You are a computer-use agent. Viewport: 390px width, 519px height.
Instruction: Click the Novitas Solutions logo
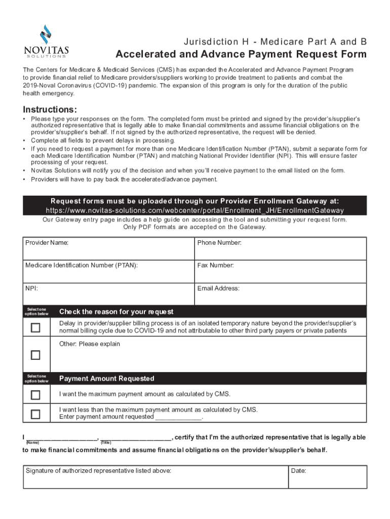[47, 42]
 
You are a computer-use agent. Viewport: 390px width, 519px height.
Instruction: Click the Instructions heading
[50, 110]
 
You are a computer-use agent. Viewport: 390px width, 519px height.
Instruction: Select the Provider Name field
[109, 249]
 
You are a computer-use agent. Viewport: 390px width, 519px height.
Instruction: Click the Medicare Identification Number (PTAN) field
[109, 271]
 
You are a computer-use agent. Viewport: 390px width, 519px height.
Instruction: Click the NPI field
[109, 294]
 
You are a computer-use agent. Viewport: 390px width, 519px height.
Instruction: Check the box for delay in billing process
[35, 327]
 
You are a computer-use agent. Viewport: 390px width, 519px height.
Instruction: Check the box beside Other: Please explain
[35, 355]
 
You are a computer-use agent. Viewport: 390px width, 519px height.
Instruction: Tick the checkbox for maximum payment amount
[35, 395]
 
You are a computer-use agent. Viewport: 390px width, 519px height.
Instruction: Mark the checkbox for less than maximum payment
[35, 414]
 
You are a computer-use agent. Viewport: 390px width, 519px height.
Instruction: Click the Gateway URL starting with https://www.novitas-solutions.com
[194, 210]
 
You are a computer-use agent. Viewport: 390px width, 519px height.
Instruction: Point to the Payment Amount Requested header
[107, 379]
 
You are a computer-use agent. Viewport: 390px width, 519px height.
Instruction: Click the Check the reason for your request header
[116, 312]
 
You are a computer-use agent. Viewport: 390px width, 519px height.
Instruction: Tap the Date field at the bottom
[328, 477]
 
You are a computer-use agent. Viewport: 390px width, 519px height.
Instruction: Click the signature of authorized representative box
[155, 477]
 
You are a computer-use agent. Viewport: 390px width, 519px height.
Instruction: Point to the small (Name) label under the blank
[32, 442]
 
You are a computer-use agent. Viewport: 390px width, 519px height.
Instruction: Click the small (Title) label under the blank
[106, 442]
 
